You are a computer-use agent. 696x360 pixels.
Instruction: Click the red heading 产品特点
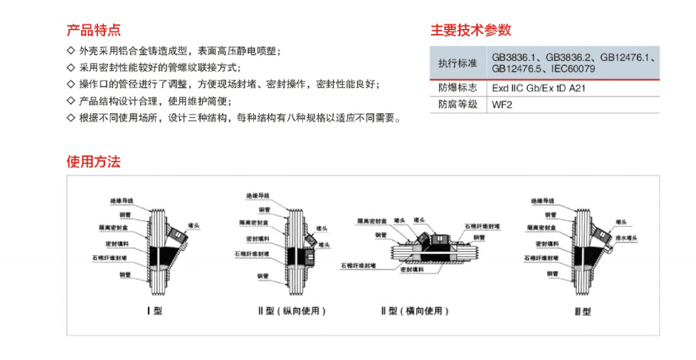93,30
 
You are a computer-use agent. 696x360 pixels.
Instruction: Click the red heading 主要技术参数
471,30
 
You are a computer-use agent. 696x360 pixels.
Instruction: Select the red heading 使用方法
93,161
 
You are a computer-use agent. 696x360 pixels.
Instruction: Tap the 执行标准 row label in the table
457,62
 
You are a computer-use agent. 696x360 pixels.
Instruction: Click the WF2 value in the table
502,104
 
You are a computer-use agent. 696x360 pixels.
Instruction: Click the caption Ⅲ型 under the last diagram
583,312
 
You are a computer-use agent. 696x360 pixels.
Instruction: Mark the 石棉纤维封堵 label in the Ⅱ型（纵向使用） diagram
251,253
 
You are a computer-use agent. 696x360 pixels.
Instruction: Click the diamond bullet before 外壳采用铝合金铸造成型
71,51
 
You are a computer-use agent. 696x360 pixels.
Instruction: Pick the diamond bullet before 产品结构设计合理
71,101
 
